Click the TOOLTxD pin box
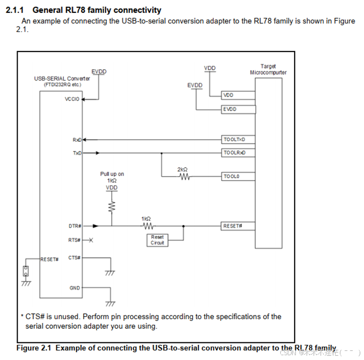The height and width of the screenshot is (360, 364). point(238,140)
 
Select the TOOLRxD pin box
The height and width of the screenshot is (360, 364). point(238,153)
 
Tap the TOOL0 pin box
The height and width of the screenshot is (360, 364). point(238,176)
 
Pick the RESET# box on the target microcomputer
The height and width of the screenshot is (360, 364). point(238,226)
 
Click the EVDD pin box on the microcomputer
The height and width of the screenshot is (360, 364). point(238,110)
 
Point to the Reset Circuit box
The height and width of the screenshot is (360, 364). point(157,240)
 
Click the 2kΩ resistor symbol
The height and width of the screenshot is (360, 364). point(183,176)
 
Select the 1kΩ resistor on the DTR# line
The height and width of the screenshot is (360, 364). point(147,226)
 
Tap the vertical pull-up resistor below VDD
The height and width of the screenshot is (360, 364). point(112,206)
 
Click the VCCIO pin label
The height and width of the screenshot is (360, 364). point(72,99)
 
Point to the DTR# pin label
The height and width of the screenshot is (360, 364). point(74,226)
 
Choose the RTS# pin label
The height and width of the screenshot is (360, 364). point(74,240)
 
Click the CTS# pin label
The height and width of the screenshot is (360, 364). point(74,257)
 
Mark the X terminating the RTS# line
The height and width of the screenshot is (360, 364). point(91,240)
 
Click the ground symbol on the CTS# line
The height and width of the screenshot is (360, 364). point(111,273)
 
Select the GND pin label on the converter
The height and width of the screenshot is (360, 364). point(75,288)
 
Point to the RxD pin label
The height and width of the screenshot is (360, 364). point(77,140)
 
